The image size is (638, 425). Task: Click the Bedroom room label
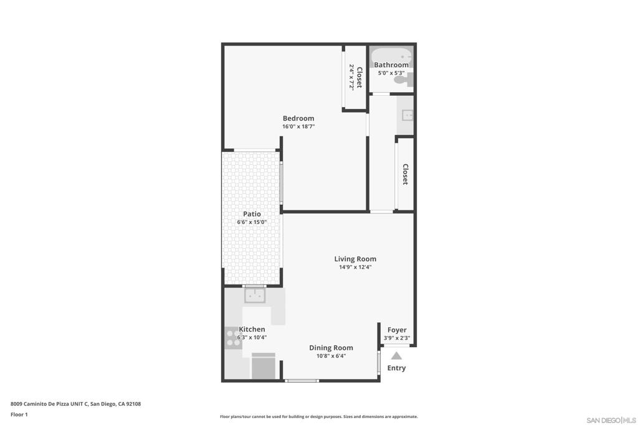298,118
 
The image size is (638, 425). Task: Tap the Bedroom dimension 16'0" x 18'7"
298,126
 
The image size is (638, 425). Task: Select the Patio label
252,213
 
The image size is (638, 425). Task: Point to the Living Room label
355,259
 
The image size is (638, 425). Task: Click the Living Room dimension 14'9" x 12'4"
355,267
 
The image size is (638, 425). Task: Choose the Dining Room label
331,348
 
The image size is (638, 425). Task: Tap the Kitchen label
252,329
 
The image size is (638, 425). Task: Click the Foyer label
397,330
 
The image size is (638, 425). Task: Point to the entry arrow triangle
396,356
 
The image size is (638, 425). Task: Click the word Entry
396,368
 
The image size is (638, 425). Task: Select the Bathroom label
391,65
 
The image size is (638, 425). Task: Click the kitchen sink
255,296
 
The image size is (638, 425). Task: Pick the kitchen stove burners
233,337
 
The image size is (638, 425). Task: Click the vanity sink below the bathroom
407,115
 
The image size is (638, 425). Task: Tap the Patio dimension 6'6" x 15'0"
252,222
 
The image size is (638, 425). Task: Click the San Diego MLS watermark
611,420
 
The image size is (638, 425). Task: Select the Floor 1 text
19,414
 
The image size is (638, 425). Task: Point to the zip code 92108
133,404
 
